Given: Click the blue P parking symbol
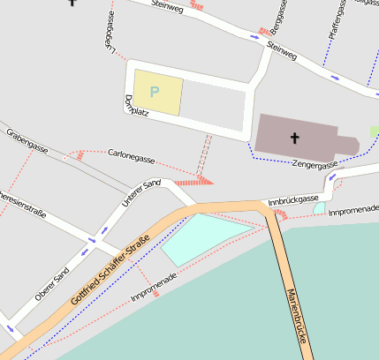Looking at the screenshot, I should (155, 91).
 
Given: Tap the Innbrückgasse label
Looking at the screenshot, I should (292, 200).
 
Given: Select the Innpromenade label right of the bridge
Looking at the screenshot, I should (352, 211).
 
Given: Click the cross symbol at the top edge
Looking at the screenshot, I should (72, 3).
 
